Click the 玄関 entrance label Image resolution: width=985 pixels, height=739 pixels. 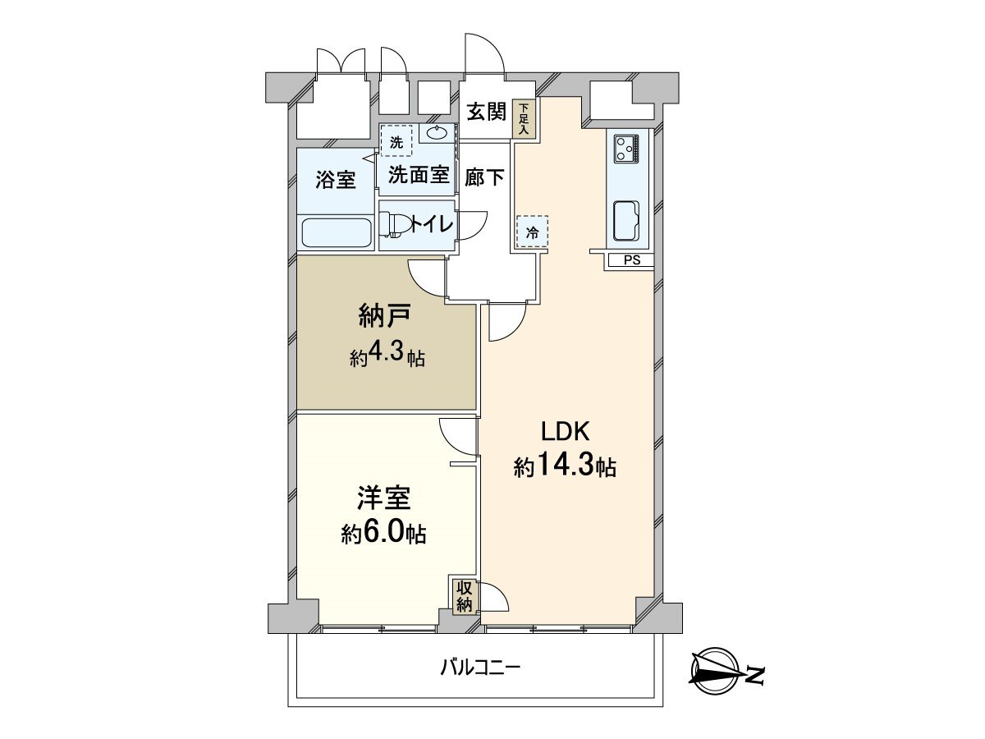(486, 112)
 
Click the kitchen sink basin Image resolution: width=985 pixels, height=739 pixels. (627, 220)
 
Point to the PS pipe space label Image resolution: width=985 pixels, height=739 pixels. (631, 261)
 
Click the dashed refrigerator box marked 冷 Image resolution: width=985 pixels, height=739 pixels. (532, 232)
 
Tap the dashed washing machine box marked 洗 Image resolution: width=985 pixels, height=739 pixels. (396, 140)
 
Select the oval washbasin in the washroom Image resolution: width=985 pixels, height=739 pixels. (437, 133)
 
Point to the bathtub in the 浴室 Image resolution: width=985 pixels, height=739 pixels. (337, 232)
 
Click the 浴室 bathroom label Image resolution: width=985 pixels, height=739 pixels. (337, 179)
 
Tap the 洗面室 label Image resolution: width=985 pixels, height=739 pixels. (418, 174)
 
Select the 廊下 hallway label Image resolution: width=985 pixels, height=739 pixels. (484, 177)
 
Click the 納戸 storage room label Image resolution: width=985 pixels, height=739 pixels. (385, 315)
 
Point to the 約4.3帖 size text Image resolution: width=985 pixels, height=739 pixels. (387, 358)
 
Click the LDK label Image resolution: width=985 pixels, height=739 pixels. (565, 430)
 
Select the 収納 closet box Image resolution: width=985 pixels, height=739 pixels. (464, 596)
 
